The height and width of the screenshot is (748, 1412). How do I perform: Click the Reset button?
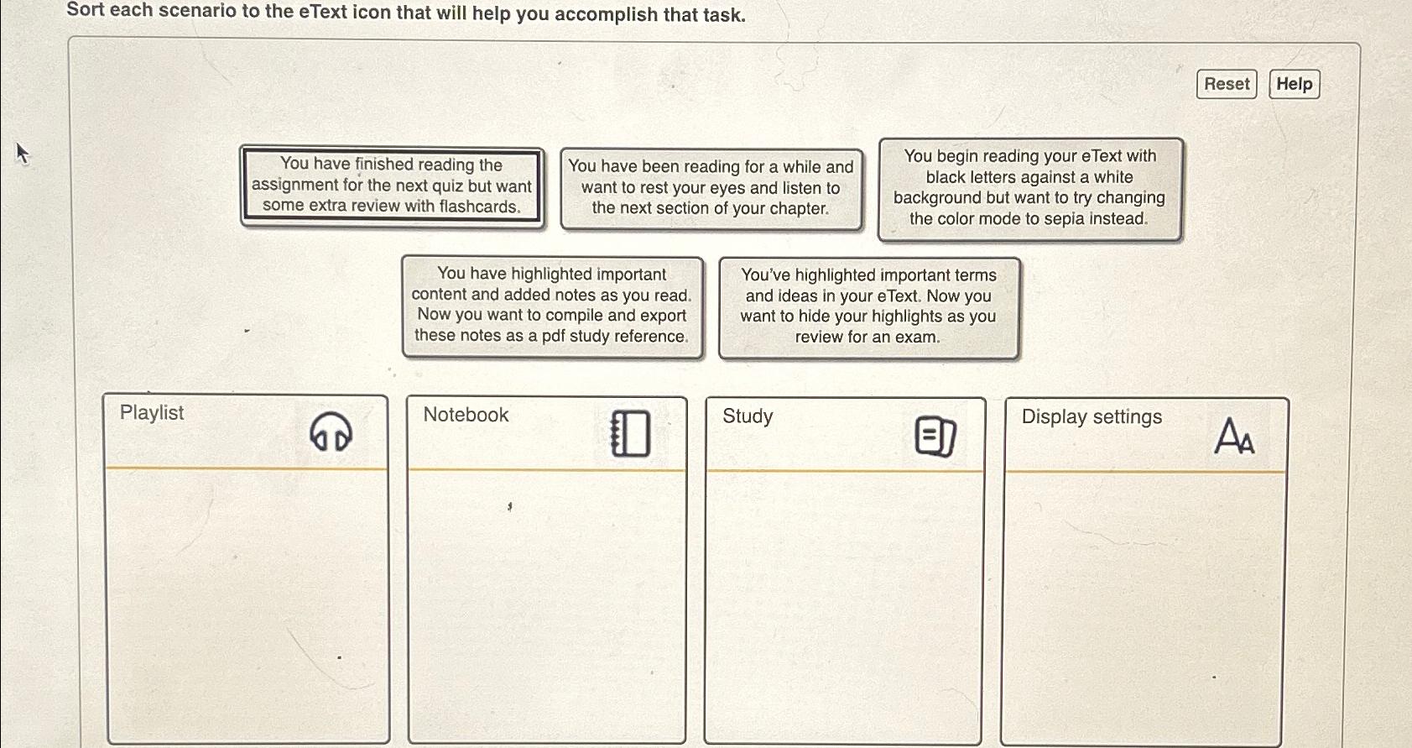point(1226,84)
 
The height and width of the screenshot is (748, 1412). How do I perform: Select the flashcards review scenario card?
point(392,186)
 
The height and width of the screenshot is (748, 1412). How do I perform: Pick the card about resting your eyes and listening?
point(711,188)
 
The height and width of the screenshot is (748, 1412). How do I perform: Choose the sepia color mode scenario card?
point(1029,189)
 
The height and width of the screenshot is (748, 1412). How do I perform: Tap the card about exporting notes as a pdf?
point(552,306)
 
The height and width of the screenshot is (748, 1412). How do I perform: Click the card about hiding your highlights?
point(868,308)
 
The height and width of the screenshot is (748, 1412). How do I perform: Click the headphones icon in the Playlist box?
point(331,432)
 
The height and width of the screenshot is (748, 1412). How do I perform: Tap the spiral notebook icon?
point(630,433)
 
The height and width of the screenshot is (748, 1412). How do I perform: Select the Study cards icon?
point(935,436)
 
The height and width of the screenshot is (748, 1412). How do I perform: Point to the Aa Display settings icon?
point(1234,436)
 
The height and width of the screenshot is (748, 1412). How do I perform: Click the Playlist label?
point(152,413)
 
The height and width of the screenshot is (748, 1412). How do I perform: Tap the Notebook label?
point(466,415)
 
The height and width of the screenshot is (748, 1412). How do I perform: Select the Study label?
point(748,416)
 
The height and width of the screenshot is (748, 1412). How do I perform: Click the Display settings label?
point(1092,417)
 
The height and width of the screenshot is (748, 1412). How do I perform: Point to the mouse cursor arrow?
point(22,153)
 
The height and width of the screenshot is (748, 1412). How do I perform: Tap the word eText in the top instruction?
point(323,12)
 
